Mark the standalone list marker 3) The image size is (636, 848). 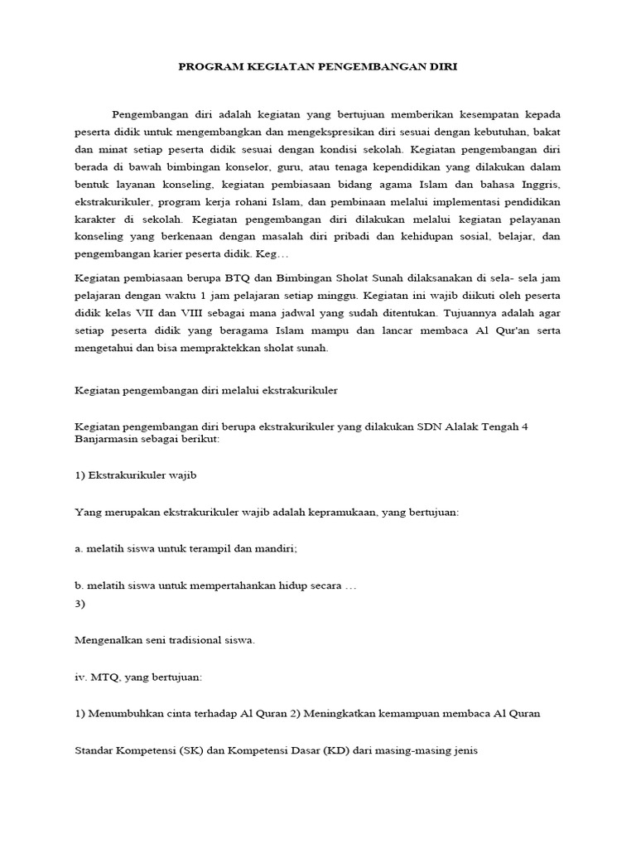click(79, 604)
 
